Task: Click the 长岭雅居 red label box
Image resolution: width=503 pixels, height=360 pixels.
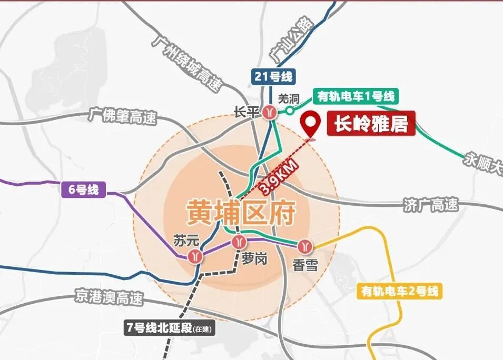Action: (x=371, y=124)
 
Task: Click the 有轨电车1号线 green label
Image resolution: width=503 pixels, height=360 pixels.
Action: (x=356, y=96)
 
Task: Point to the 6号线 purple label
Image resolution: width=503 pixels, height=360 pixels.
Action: (x=84, y=189)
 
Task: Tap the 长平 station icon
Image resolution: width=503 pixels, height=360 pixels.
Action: (x=271, y=112)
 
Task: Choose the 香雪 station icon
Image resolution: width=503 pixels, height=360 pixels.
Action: (x=305, y=246)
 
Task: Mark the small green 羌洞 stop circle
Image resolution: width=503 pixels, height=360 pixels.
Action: (x=290, y=111)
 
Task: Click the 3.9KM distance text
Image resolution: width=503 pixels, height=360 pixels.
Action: (x=280, y=174)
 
